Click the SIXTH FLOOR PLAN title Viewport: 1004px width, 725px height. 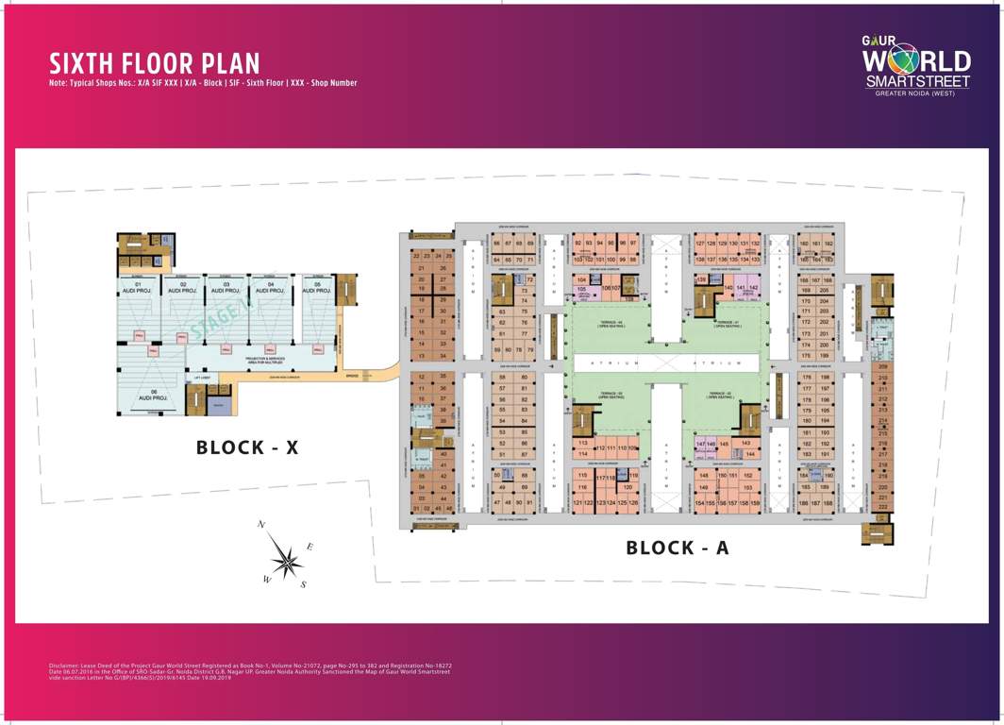coord(155,63)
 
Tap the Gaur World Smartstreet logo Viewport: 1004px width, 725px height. coord(916,67)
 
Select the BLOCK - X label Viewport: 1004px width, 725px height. coord(247,447)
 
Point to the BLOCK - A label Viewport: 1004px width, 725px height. coord(678,548)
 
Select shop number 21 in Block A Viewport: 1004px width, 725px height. coord(422,268)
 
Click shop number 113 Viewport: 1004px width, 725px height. coord(582,443)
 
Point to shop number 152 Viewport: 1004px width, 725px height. coord(747,476)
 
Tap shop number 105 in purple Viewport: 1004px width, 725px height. coord(582,289)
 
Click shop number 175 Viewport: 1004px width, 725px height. coord(806,356)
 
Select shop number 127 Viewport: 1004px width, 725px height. coord(700,244)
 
